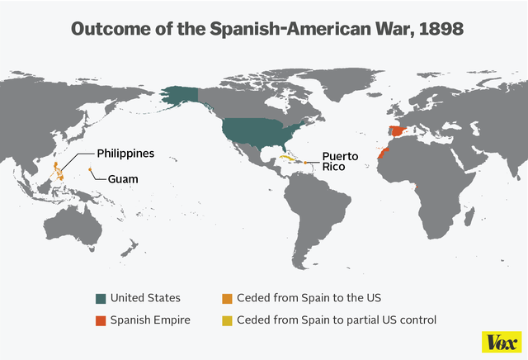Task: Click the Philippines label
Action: pyautogui.click(x=125, y=154)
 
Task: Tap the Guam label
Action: pyautogui.click(x=121, y=178)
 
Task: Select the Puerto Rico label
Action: pyautogui.click(x=340, y=161)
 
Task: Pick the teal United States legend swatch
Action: pyautogui.click(x=101, y=298)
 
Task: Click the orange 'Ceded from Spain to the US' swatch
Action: pyautogui.click(x=227, y=298)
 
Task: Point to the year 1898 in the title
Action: pyautogui.click(x=437, y=28)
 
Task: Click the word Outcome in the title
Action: pyautogui.click(x=108, y=28)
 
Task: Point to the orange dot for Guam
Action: pyautogui.click(x=89, y=170)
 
